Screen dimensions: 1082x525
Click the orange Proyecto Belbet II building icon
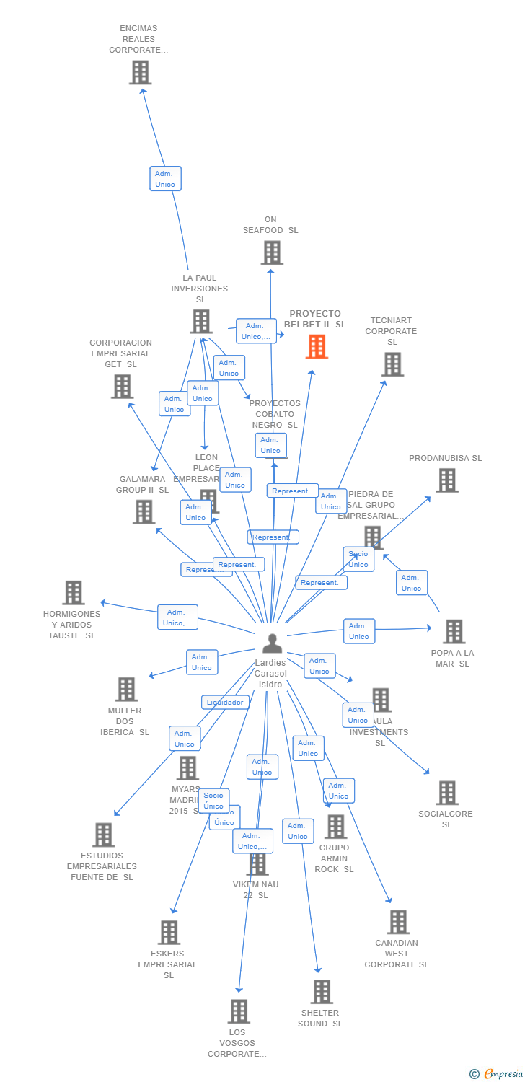click(317, 347)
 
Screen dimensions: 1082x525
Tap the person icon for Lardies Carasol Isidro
click(272, 643)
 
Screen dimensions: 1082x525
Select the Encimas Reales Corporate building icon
click(140, 72)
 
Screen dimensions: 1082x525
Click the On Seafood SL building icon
click(272, 252)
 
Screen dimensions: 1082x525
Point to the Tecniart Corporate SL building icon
click(392, 364)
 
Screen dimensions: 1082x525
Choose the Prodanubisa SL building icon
click(446, 480)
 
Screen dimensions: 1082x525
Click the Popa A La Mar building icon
click(454, 632)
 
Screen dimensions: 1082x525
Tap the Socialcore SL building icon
click(446, 793)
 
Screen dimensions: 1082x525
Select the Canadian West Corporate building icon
click(397, 922)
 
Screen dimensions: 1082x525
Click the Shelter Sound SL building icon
click(322, 992)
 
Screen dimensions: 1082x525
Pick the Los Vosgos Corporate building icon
click(239, 1011)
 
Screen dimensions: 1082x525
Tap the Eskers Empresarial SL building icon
click(169, 933)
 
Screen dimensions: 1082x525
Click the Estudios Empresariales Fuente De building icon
click(103, 835)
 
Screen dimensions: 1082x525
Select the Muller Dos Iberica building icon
click(126, 690)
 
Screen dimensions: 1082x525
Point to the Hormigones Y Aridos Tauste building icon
click(74, 593)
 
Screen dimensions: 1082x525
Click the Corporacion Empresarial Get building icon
click(122, 387)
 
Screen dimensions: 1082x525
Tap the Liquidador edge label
click(225, 702)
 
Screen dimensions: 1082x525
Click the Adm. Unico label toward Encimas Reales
click(165, 179)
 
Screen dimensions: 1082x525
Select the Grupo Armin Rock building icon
click(335, 827)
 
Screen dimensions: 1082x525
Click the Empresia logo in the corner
click(497, 1074)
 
